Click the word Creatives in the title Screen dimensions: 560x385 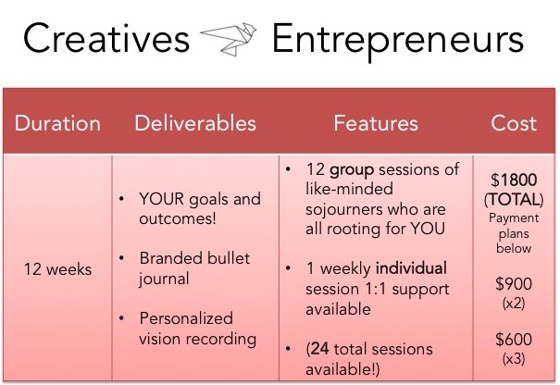tap(106, 38)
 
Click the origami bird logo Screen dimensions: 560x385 tap(229, 39)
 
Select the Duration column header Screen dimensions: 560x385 tap(57, 124)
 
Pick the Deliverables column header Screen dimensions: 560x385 tap(195, 124)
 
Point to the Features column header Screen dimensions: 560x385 tap(376, 124)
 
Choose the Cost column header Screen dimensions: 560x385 tap(514, 124)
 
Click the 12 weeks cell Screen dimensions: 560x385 tap(57, 269)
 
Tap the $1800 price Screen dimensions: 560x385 tap(514, 180)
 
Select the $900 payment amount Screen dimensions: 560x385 tap(514, 284)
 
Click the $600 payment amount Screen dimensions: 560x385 tap(514, 340)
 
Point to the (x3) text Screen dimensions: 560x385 tap(514, 358)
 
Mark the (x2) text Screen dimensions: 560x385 tap(514, 304)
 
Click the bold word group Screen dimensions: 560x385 tap(352, 170)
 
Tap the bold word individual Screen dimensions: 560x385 tap(411, 268)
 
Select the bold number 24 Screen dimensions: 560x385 tap(319, 349)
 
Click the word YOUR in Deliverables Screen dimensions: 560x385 tap(162, 199)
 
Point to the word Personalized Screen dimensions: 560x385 tap(186, 318)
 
